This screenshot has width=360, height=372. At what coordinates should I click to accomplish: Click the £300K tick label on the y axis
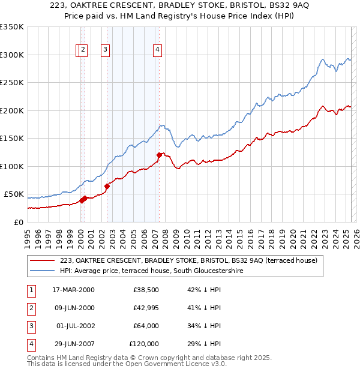12,55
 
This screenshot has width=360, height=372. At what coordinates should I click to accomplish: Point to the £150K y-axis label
12,139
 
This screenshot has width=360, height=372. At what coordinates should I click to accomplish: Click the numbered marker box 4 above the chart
157,50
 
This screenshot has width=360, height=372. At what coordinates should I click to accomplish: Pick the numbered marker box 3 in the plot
105,50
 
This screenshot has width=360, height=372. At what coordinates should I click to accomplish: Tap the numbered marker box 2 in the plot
83,50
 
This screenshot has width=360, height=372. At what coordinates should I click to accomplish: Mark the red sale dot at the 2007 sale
159,155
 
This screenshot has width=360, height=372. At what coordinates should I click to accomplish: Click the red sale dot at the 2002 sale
107,186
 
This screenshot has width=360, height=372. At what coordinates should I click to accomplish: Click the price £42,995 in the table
144,308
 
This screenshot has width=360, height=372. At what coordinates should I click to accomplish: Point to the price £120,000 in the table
144,344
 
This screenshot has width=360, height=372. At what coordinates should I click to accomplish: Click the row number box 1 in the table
30,290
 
